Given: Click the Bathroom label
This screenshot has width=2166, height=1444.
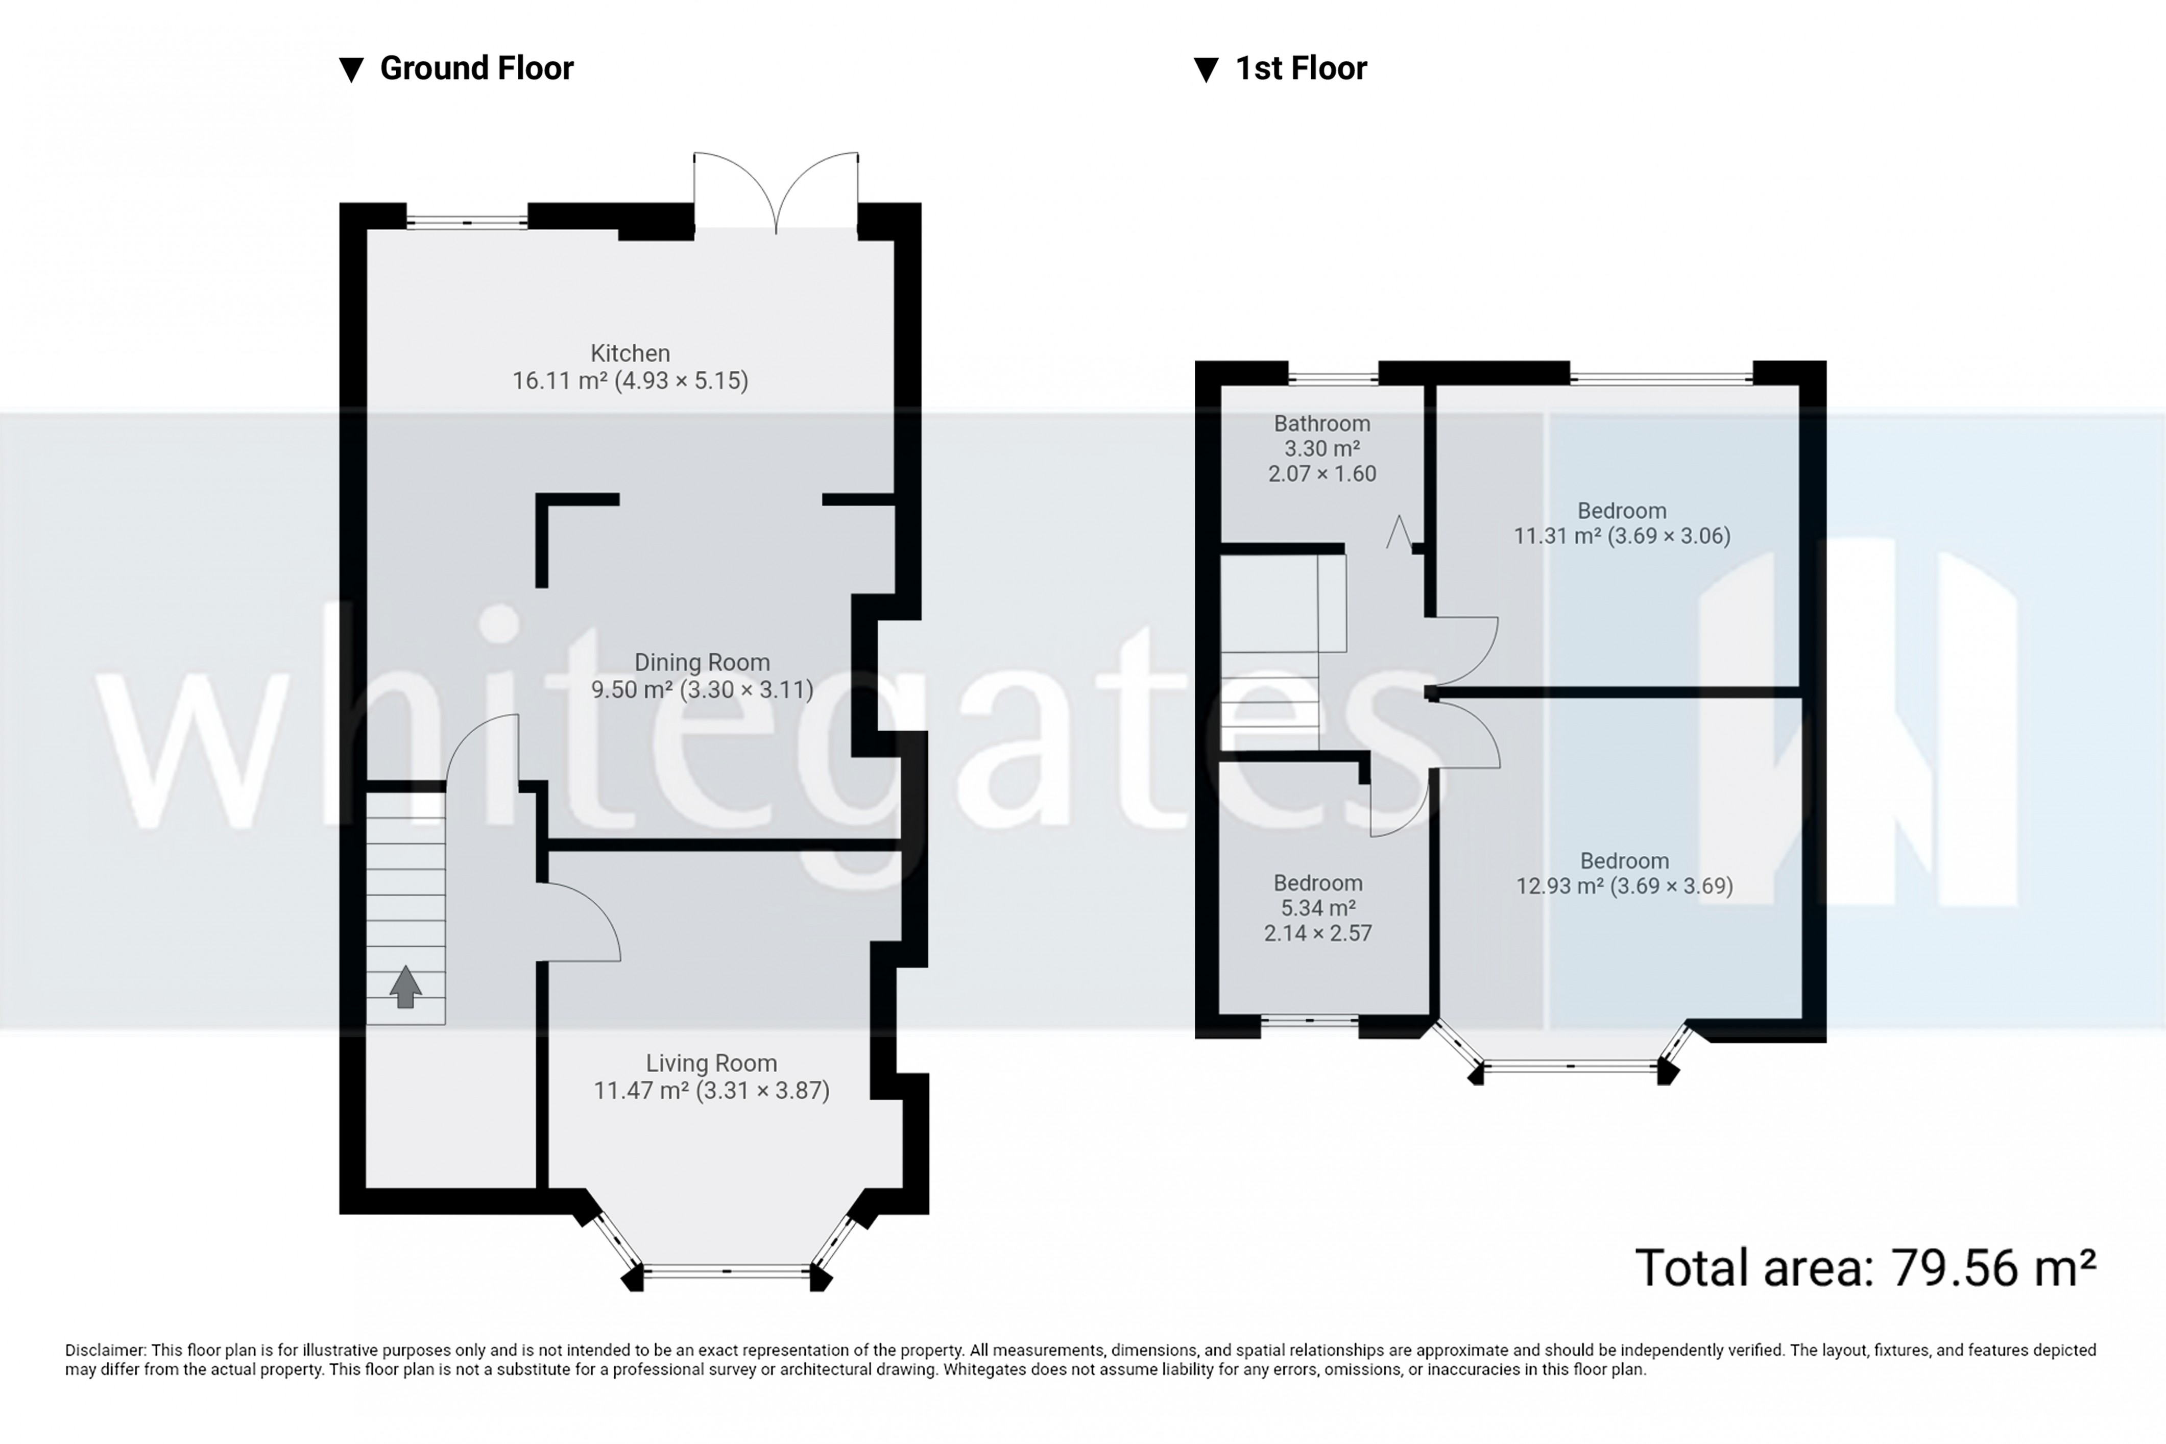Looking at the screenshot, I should (x=1321, y=424).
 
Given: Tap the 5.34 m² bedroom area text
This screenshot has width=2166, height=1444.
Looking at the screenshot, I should (x=1318, y=908).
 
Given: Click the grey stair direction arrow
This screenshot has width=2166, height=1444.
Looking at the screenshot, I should (x=405, y=986).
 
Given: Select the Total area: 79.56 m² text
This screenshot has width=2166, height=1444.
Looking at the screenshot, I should (x=1865, y=1268).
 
